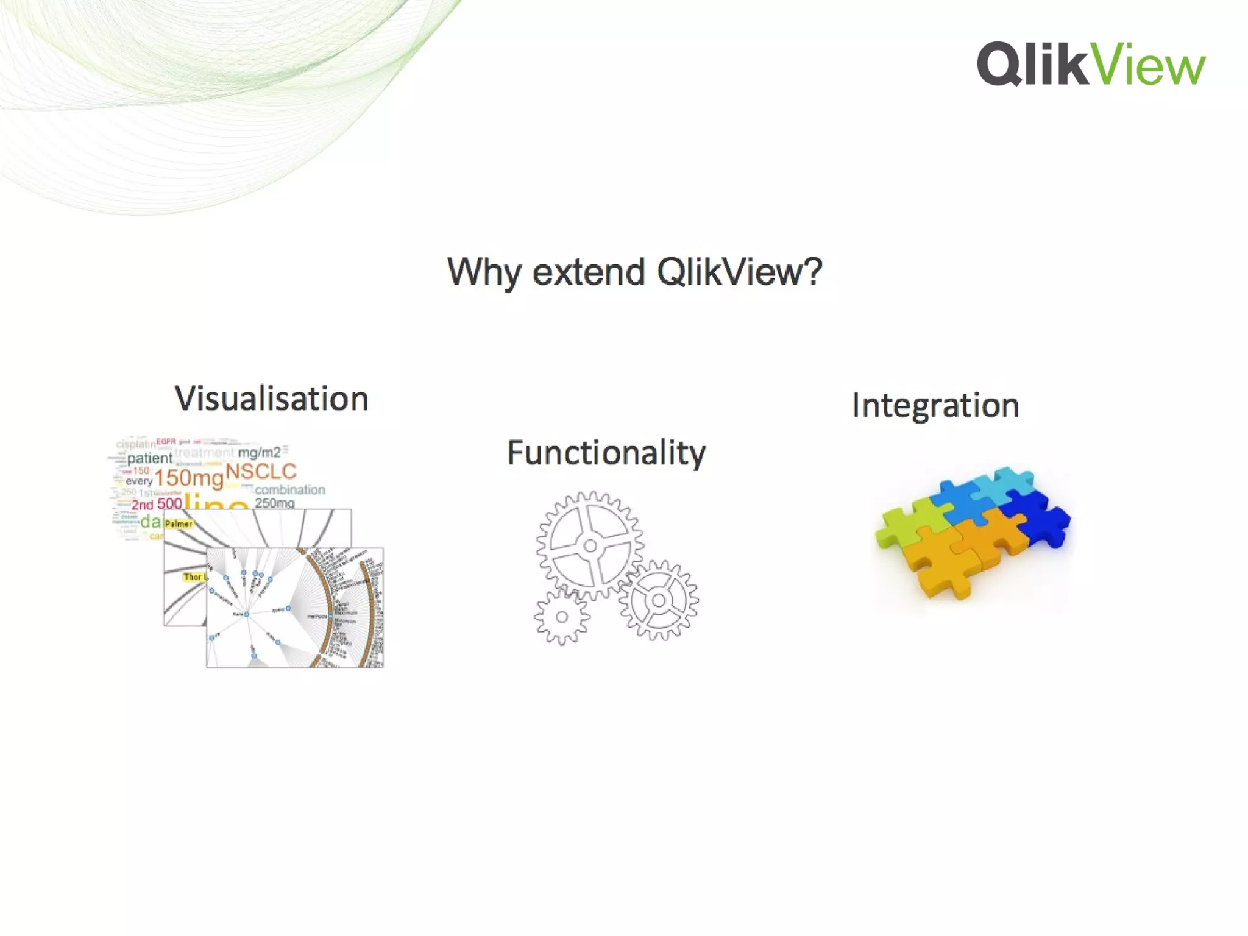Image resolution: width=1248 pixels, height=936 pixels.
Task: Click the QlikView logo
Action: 1091,64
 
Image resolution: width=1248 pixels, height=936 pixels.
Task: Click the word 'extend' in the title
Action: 589,272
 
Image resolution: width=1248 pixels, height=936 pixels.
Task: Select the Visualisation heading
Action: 272,399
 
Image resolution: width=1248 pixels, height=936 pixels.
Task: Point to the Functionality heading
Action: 606,453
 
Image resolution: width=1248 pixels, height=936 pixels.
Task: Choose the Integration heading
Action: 935,406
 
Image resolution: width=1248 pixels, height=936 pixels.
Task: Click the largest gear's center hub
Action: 590,546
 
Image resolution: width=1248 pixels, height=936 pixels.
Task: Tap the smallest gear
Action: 562,617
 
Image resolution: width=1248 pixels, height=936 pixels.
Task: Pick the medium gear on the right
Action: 659,600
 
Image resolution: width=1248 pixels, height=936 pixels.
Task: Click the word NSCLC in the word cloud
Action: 261,472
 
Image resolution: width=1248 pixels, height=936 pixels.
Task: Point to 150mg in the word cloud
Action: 189,478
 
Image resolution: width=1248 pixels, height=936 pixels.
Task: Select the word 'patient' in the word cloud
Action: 149,458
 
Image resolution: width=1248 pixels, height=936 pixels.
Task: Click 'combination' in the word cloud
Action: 289,490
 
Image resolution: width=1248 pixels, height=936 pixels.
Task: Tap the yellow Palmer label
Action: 179,524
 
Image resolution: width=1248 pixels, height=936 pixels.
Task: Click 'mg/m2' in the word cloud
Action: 259,453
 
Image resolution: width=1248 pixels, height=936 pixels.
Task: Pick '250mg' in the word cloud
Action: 274,503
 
